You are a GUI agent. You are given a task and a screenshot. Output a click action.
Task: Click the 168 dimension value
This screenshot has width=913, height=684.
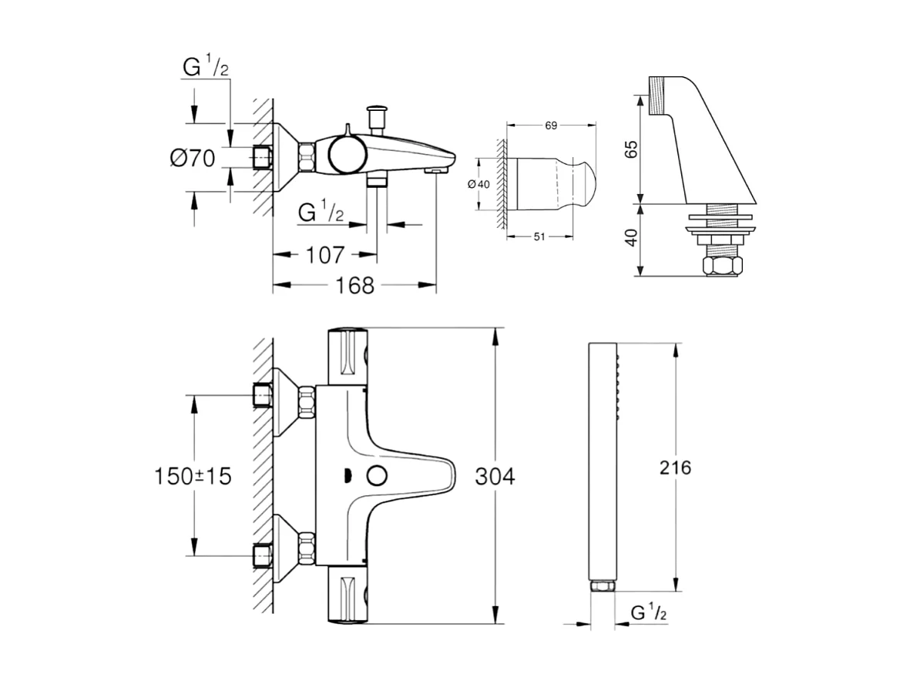point(356,286)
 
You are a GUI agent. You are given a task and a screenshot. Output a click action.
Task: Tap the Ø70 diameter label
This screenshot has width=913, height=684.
point(193,159)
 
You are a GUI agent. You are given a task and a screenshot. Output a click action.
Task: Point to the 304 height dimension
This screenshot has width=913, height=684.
point(494,476)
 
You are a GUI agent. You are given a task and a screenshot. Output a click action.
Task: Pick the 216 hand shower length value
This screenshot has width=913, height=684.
point(675,467)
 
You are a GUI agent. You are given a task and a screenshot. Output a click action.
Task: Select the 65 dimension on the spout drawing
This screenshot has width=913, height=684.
point(632,149)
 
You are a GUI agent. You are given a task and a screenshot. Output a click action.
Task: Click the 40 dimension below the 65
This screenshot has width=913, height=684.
point(632,238)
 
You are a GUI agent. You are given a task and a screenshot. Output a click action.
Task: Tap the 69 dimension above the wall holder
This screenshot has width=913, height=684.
point(551,125)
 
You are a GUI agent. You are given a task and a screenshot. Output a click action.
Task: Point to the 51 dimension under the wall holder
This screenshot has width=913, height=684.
point(539,236)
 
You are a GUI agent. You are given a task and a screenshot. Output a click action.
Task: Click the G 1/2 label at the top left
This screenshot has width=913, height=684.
point(206,68)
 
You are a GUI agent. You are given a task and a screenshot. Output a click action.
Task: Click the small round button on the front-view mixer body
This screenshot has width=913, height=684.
point(377,475)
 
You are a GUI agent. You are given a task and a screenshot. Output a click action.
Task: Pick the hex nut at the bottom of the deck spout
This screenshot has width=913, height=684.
point(723,267)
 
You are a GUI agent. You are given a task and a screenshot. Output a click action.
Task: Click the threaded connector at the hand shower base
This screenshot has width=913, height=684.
point(602,587)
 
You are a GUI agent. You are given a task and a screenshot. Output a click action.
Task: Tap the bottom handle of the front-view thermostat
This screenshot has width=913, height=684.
point(348,595)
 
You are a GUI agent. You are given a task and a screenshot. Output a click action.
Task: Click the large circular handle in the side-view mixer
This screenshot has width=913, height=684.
point(344,155)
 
